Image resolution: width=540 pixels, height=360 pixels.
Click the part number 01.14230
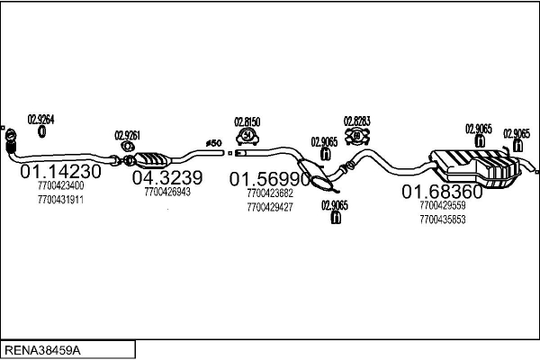60,171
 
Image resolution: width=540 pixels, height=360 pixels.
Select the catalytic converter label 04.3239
167,178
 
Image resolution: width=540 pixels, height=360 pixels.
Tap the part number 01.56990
270,179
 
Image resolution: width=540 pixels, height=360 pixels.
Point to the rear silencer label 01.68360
443,192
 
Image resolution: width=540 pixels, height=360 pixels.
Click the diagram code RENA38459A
42,350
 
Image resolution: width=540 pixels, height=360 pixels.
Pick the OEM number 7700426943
167,192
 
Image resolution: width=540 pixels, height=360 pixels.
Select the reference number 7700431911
60,200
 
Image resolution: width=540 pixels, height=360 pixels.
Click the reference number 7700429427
270,207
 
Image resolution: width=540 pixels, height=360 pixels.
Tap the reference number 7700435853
443,220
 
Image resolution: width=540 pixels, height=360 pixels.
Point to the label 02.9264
41,120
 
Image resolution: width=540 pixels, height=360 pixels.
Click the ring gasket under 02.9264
41,132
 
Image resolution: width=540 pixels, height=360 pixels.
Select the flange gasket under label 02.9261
128,147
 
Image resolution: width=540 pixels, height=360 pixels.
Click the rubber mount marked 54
247,136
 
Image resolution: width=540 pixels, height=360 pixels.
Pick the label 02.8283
356,121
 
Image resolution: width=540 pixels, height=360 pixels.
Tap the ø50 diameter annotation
214,143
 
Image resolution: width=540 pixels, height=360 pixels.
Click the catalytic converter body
151,159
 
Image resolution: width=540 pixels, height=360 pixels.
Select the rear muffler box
474,168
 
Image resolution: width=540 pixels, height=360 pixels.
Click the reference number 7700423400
60,185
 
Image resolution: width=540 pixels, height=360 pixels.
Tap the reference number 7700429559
443,205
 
